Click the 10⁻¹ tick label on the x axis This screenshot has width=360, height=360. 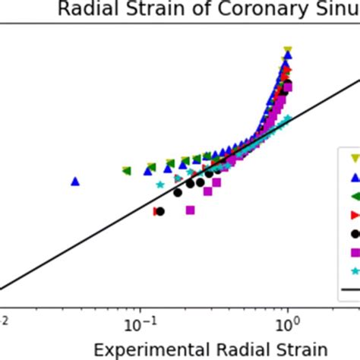140,323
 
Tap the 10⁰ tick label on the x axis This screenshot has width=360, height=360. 287,323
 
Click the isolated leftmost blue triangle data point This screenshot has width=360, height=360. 75,181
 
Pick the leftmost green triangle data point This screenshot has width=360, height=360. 126,171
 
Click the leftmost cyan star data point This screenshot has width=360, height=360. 160,185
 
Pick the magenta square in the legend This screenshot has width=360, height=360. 354,252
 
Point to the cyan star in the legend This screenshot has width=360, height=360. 354,270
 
